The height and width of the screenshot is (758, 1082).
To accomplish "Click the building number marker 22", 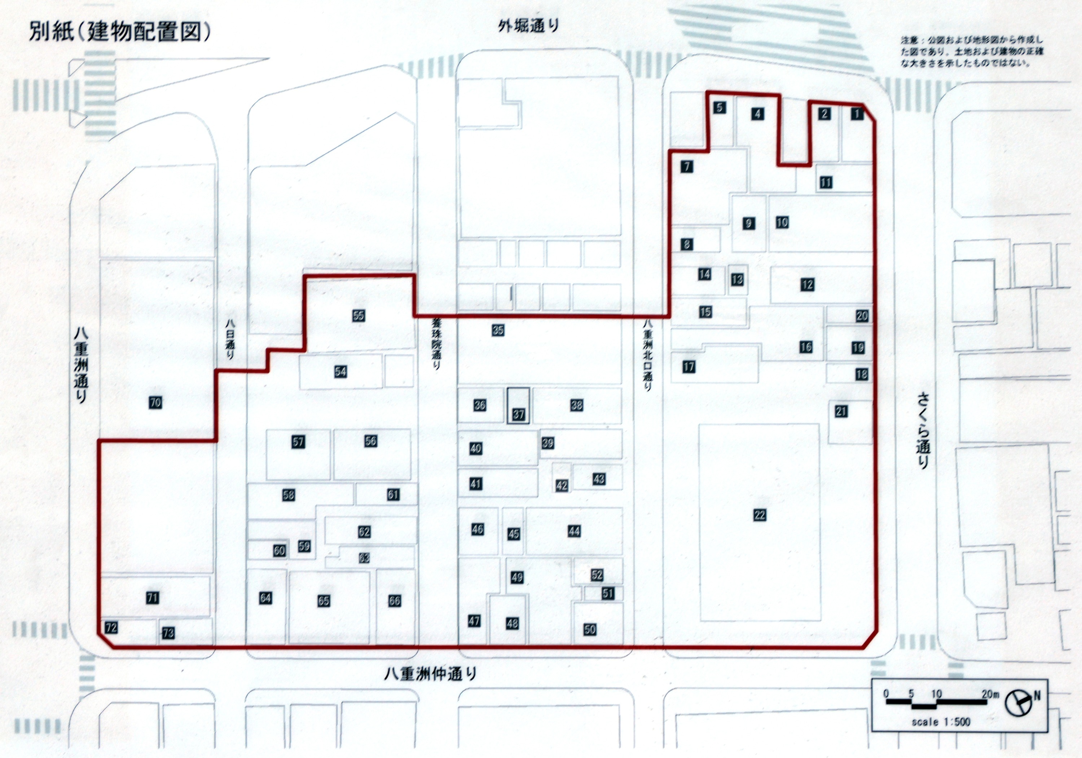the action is (x=759, y=515).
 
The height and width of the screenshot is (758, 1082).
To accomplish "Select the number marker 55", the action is (x=358, y=315).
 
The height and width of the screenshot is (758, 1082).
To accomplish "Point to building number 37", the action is (x=518, y=415).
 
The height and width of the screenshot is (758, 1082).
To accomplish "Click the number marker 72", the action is (x=111, y=628).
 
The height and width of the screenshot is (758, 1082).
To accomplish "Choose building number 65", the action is (x=323, y=600).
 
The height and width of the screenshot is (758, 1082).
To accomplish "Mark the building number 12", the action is (x=807, y=284).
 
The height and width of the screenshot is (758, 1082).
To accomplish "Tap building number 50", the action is (x=590, y=629).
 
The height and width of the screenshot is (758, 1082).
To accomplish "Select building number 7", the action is (x=687, y=166).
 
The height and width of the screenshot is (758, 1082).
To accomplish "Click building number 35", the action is (x=498, y=330).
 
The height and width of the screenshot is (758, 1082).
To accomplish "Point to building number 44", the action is (x=573, y=531).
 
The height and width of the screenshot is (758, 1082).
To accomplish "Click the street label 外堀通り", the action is (x=528, y=26).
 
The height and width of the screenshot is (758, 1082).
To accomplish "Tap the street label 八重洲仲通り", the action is (x=430, y=674).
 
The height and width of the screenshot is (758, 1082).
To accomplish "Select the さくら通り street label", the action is (x=922, y=431).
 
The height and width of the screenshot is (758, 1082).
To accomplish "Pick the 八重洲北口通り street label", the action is (x=649, y=356).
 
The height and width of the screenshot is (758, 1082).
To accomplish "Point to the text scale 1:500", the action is (x=941, y=735).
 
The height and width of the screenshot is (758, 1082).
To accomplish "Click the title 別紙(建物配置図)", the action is (x=120, y=33).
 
